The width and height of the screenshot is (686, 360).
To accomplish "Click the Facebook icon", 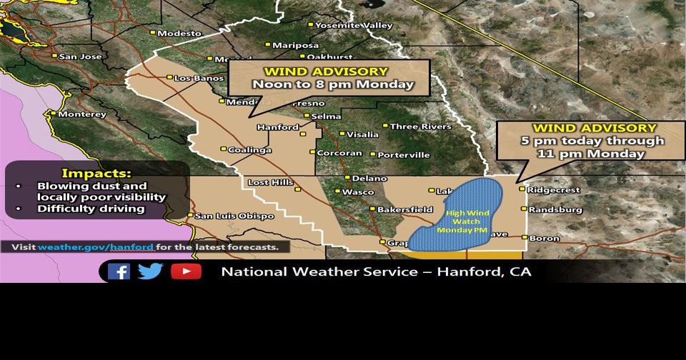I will tap(119, 271).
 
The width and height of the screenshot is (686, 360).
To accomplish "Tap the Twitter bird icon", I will tap(150, 271).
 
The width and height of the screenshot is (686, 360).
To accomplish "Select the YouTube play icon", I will tap(186, 271).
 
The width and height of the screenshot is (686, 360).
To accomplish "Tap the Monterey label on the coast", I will tap(81, 114).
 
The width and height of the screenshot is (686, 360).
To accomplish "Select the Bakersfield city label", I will tap(405, 210).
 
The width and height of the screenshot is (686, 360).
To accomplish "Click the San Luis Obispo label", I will tap(234, 216).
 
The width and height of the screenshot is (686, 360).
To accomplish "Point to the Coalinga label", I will tap(249, 150).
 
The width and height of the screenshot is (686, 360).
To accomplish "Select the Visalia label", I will tap(363, 134).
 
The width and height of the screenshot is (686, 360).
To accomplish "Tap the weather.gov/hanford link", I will tap(96, 247).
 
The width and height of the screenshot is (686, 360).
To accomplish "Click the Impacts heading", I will tap(96, 173).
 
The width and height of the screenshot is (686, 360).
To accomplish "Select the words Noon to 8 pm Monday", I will tap(332, 84).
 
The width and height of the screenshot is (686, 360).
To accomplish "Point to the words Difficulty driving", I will tap(91, 209).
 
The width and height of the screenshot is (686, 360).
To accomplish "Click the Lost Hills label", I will tap(270, 183).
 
